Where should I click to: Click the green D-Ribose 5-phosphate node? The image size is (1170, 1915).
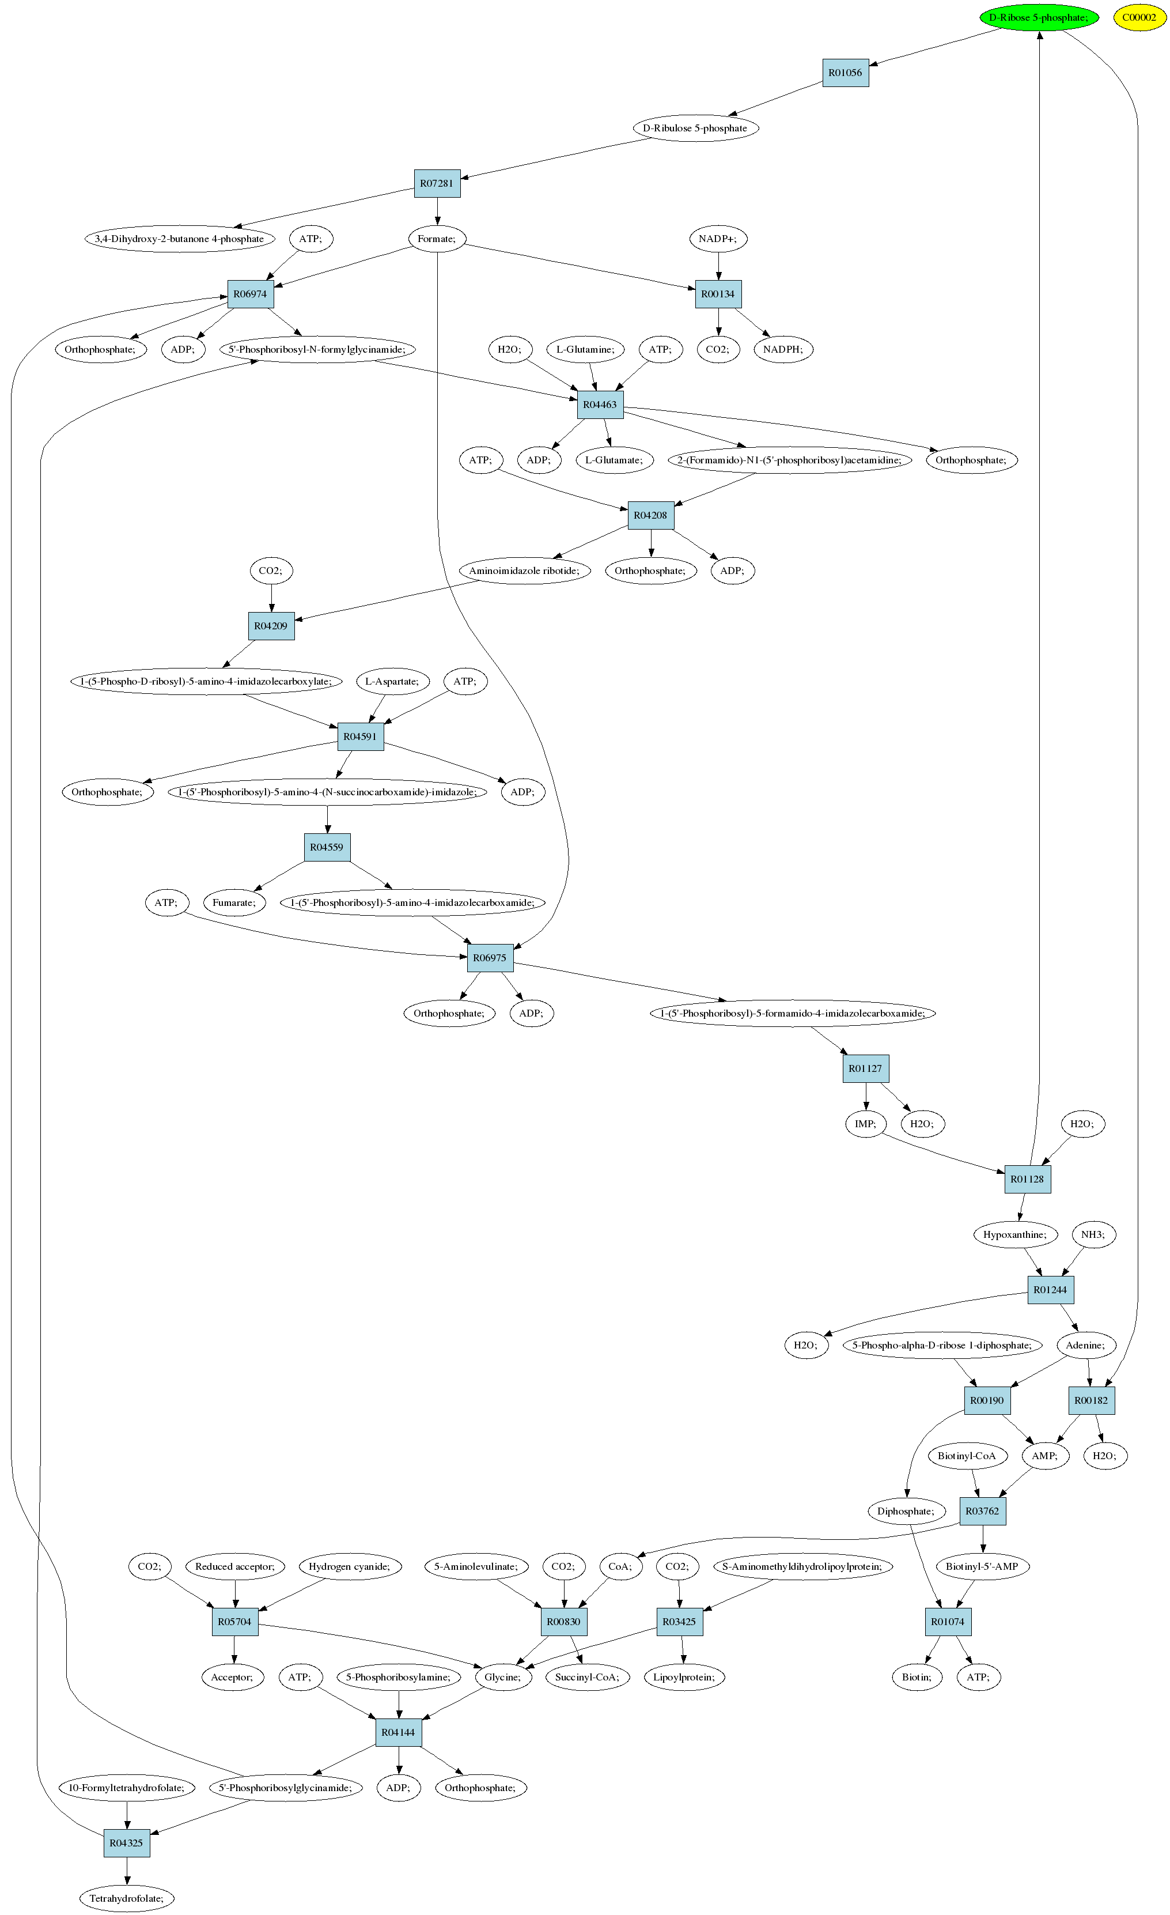pyautogui.click(x=1039, y=17)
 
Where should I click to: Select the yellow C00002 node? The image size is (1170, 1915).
pyautogui.click(x=1139, y=17)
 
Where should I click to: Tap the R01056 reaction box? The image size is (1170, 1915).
pyautogui.click(x=845, y=72)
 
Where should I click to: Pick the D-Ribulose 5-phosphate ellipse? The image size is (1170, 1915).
pyautogui.click(x=695, y=129)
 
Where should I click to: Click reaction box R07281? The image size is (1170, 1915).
pyautogui.click(x=437, y=183)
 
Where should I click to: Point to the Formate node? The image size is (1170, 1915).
pyautogui.click(x=437, y=239)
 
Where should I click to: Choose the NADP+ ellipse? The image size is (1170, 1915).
pyautogui.click(x=718, y=239)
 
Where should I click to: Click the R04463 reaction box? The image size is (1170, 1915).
pyautogui.click(x=600, y=404)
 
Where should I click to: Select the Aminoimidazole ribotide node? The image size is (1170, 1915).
pyautogui.click(x=524, y=571)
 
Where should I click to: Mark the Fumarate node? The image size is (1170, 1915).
pyautogui.click(x=234, y=902)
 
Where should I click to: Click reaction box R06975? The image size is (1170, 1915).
pyautogui.click(x=490, y=958)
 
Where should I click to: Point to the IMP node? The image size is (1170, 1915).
pyautogui.click(x=865, y=1124)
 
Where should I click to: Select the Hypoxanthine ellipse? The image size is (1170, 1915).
pyautogui.click(x=1014, y=1234)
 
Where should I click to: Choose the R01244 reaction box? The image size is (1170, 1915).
pyautogui.click(x=1050, y=1289)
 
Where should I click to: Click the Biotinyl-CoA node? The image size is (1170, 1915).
pyautogui.click(x=967, y=1456)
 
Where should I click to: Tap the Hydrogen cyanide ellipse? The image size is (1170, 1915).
pyautogui.click(x=350, y=1566)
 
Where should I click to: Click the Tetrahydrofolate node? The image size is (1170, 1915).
pyautogui.click(x=127, y=1898)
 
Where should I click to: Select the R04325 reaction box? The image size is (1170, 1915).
pyautogui.click(x=127, y=1843)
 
